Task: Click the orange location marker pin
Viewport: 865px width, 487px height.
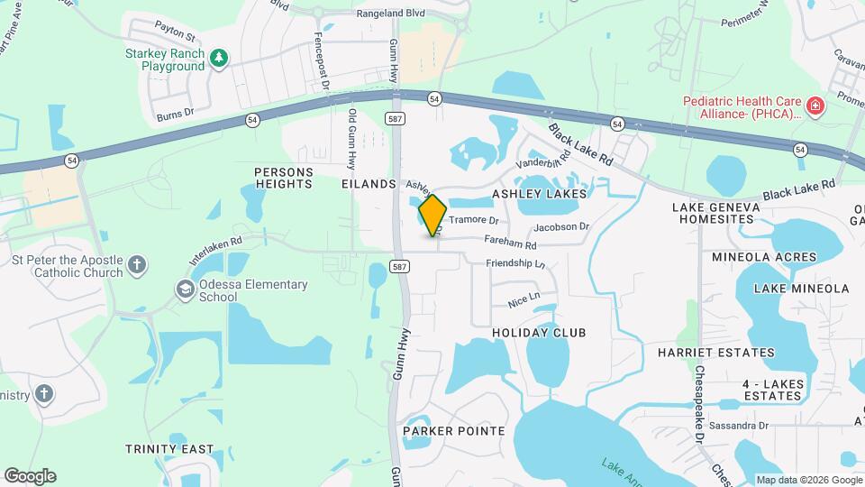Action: (x=433, y=215)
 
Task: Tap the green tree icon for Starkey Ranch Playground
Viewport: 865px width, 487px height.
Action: (x=219, y=59)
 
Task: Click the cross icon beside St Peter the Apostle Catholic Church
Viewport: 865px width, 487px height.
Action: (x=136, y=265)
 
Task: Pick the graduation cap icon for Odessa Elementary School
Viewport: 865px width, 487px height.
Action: (x=185, y=289)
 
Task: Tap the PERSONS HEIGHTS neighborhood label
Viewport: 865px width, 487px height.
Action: (x=283, y=178)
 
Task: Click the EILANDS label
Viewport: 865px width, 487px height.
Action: (x=369, y=184)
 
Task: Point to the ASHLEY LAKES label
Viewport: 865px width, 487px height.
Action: (x=539, y=194)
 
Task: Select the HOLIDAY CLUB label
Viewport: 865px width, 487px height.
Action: (x=539, y=333)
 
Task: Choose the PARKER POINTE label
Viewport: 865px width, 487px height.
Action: (x=453, y=431)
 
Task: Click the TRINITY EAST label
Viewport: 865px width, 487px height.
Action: (x=170, y=449)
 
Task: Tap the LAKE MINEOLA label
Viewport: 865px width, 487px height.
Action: (x=801, y=289)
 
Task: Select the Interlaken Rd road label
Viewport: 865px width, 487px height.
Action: (x=216, y=248)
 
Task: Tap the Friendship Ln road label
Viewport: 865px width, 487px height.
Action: (x=515, y=263)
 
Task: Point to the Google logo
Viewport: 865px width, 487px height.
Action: (x=30, y=476)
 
